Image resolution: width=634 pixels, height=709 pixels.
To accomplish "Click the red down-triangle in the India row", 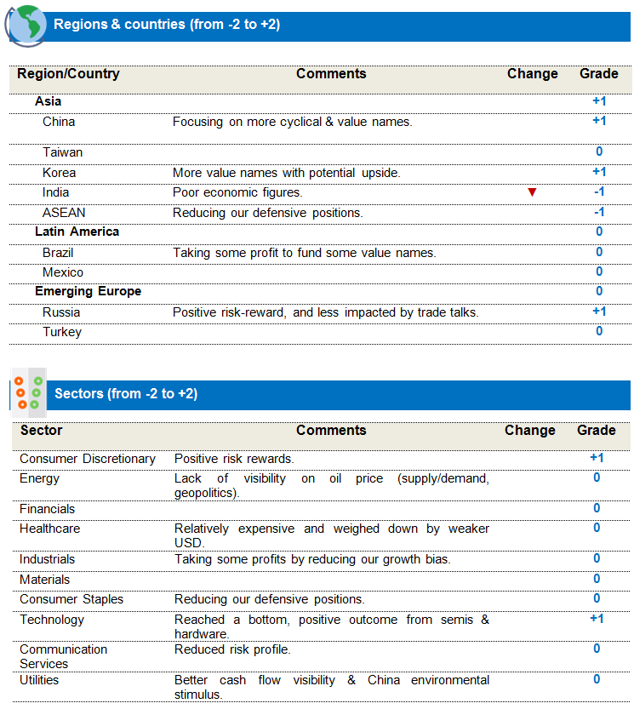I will (x=532, y=192).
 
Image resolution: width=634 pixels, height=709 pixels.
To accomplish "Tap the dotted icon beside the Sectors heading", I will (x=28, y=392).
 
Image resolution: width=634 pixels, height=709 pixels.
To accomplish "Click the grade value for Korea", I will (x=599, y=172).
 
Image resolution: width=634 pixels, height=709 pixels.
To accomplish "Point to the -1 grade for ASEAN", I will (x=599, y=212).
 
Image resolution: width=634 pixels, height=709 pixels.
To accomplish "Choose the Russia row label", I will (x=61, y=312).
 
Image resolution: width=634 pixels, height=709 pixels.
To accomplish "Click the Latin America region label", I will (x=77, y=232).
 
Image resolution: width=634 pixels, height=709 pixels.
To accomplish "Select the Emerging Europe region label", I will (x=88, y=291).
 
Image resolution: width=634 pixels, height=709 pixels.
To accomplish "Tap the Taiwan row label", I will (x=63, y=152).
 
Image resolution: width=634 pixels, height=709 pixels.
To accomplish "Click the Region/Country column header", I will (x=68, y=74).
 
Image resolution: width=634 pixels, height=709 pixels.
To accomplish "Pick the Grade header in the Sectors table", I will (x=596, y=430).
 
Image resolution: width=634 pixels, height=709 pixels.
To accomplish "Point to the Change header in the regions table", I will (x=532, y=74).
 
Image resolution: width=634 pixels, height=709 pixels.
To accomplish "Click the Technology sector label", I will (x=52, y=620).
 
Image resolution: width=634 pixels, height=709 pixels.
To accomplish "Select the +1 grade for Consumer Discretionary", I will (x=597, y=458).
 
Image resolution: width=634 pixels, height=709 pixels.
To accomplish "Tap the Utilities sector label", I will (x=39, y=680).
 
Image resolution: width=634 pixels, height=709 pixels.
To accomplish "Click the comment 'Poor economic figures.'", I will (x=237, y=192).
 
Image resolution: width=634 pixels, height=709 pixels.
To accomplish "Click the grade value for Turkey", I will (x=599, y=331).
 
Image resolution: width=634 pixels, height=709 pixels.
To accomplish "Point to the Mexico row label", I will (x=63, y=272).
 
